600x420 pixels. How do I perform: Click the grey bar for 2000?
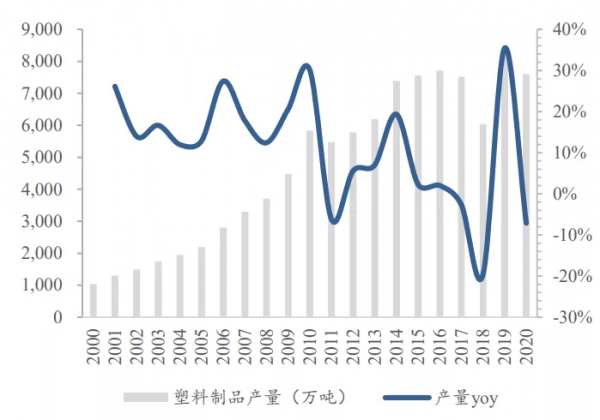94,301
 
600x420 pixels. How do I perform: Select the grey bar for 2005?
201,282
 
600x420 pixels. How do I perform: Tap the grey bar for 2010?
310,224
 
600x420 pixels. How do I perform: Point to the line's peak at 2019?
505,48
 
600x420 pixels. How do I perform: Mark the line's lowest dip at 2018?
481,279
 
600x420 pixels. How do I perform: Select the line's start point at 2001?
115,86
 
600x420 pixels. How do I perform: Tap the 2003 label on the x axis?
159,342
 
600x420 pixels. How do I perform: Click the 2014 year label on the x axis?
397,342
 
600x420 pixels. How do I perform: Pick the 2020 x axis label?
527,342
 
